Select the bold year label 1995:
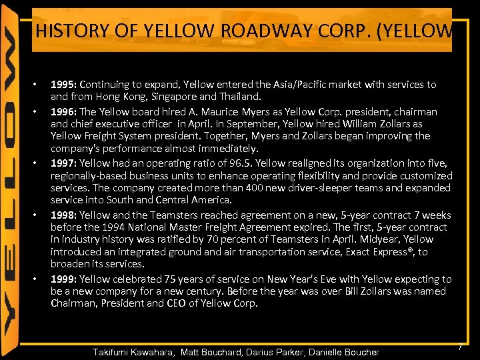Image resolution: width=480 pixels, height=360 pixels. point(64,85)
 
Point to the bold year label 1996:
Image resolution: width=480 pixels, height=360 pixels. point(64,112)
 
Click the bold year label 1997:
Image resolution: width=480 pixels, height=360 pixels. point(64,163)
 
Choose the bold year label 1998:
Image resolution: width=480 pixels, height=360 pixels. point(64,215)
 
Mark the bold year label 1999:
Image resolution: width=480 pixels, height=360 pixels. point(64,279)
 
